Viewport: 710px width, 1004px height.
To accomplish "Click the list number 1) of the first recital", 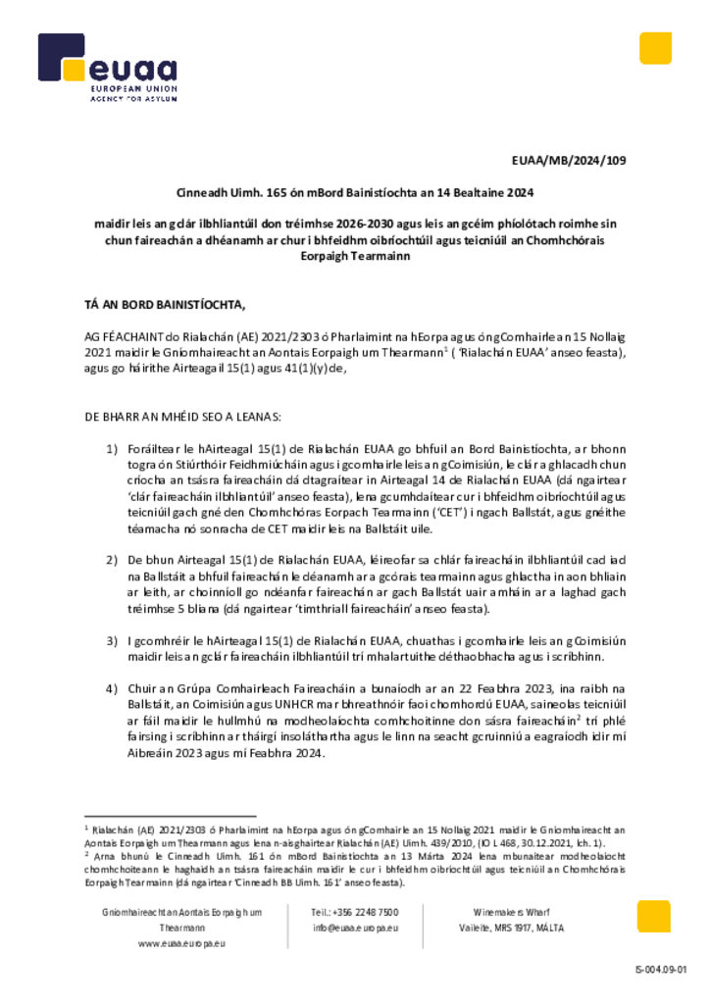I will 112,448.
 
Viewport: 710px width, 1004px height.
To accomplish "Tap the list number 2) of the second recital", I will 112,558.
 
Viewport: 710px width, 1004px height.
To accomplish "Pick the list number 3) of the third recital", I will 112,640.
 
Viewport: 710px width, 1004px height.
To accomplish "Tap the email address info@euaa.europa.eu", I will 355,928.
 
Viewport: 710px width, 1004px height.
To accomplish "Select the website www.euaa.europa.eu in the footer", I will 182,943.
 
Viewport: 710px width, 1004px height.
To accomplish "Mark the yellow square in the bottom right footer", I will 654,917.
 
